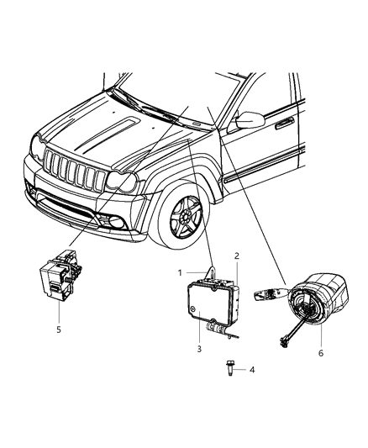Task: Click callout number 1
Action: pos(180,273)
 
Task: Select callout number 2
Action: pos(237,256)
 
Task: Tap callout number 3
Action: pos(198,350)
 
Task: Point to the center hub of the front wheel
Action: pos(180,230)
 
